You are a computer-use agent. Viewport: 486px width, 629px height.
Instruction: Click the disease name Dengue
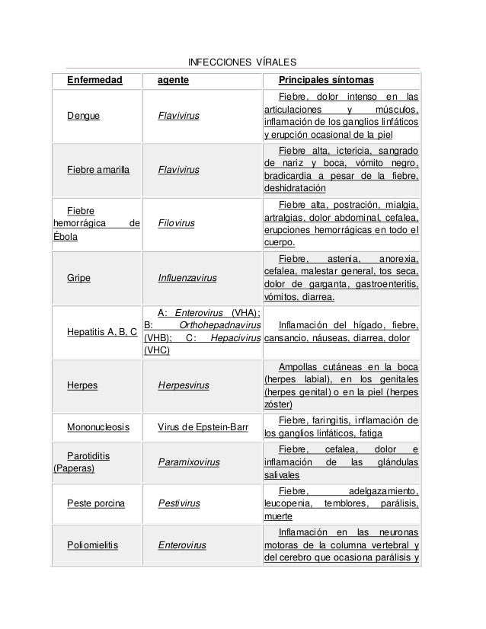[x=84, y=117]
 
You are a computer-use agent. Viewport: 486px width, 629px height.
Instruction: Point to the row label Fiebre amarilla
[x=100, y=170]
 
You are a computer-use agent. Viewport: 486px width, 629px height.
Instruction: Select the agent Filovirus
[x=176, y=224]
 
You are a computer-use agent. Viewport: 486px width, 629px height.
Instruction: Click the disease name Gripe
[x=78, y=278]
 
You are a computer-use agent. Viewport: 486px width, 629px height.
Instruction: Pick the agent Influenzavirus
[x=187, y=278]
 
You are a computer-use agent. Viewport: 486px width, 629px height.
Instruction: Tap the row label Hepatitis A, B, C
[x=102, y=332]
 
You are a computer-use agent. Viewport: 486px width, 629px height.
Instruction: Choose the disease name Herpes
[x=82, y=385]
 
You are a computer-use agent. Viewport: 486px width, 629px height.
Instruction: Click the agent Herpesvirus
[x=184, y=385]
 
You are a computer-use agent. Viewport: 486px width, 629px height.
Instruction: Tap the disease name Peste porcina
[x=96, y=503]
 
